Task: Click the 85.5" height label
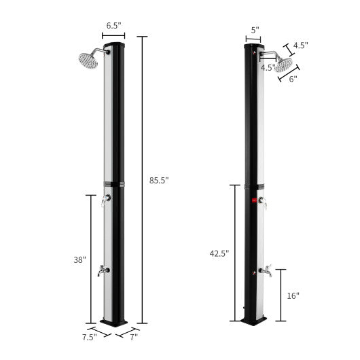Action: (160, 180)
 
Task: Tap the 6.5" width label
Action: (113, 26)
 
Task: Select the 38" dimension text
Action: (79, 259)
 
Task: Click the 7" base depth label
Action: (133, 336)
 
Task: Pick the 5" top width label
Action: (254, 30)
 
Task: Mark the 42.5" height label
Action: (219, 253)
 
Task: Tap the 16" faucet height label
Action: (293, 295)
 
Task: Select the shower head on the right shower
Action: (284, 65)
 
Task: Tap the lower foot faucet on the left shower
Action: (103, 270)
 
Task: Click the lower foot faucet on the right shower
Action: (266, 272)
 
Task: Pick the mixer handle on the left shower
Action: (105, 199)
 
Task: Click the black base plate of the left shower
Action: (114, 321)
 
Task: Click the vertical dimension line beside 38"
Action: (92, 259)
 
